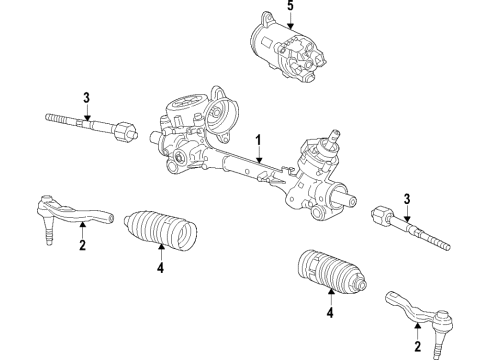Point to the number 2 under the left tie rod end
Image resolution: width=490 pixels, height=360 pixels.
(82, 245)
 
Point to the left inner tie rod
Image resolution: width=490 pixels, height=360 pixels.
(85, 125)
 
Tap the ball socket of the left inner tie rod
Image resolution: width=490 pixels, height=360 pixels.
(122, 130)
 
